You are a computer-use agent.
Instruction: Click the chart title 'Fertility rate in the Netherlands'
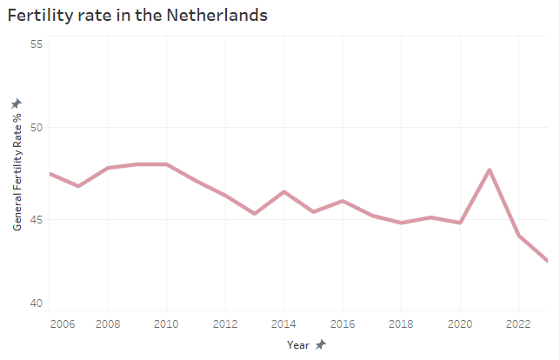click(137, 16)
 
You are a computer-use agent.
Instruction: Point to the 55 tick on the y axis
click(37, 43)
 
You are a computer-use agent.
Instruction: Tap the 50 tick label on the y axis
click(37, 128)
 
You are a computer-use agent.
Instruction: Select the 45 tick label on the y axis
click(37, 218)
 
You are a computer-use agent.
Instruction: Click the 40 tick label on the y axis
click(37, 303)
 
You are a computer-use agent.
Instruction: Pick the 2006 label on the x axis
click(61, 323)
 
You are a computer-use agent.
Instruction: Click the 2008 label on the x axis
click(108, 323)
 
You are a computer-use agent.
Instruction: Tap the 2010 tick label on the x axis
click(166, 323)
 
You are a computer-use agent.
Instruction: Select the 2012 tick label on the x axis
click(225, 323)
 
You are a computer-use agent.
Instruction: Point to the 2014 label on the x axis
click(283, 323)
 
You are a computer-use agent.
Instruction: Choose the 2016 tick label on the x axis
click(343, 323)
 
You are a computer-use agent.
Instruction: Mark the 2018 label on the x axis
click(401, 323)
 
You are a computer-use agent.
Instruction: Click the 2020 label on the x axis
click(460, 323)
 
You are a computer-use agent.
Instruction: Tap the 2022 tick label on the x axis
click(518, 323)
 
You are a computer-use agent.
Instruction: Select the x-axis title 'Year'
click(298, 344)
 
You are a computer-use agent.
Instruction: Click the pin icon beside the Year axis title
click(320, 344)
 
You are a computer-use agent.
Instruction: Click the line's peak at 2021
click(490, 170)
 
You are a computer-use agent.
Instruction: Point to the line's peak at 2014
click(283, 191)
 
